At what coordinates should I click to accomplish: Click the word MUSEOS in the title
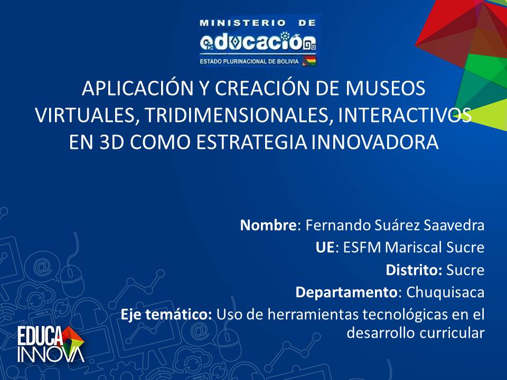coord(386,88)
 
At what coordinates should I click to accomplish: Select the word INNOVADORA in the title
coord(375,142)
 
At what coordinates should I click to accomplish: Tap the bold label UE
coord(325,247)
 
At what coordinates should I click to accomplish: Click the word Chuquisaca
coord(445,292)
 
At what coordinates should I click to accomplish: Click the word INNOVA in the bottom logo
coord(51,355)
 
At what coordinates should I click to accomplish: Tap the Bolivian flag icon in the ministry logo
coord(309,61)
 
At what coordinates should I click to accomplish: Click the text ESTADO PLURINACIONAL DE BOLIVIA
coord(249,61)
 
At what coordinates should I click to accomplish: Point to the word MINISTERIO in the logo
coord(242,23)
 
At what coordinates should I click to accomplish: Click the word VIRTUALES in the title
coord(84,115)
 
